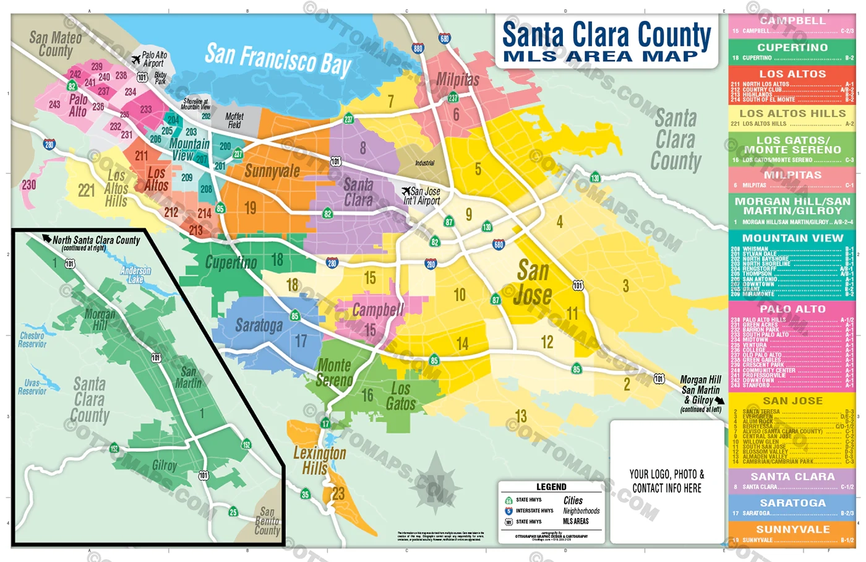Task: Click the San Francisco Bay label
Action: click(x=278, y=59)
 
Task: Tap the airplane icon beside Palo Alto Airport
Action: click(x=136, y=59)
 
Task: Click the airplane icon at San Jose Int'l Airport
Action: click(x=406, y=191)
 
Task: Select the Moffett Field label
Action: click(x=234, y=120)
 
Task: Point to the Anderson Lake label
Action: click(x=135, y=275)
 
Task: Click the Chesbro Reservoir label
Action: click(x=32, y=340)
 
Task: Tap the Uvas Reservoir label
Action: click(x=32, y=387)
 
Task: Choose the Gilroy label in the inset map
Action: click(x=165, y=465)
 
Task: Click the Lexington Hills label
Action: click(x=319, y=460)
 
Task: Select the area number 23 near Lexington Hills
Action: click(x=338, y=493)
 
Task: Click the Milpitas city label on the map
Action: click(x=458, y=80)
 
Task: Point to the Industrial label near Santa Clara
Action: click(x=424, y=163)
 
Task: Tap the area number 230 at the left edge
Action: click(x=28, y=184)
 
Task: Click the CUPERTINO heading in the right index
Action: click(x=792, y=48)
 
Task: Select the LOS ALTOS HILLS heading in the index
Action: click(x=792, y=114)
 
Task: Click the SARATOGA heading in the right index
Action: click(x=792, y=503)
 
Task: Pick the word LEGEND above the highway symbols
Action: click(x=551, y=487)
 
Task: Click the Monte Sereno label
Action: click(x=334, y=373)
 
